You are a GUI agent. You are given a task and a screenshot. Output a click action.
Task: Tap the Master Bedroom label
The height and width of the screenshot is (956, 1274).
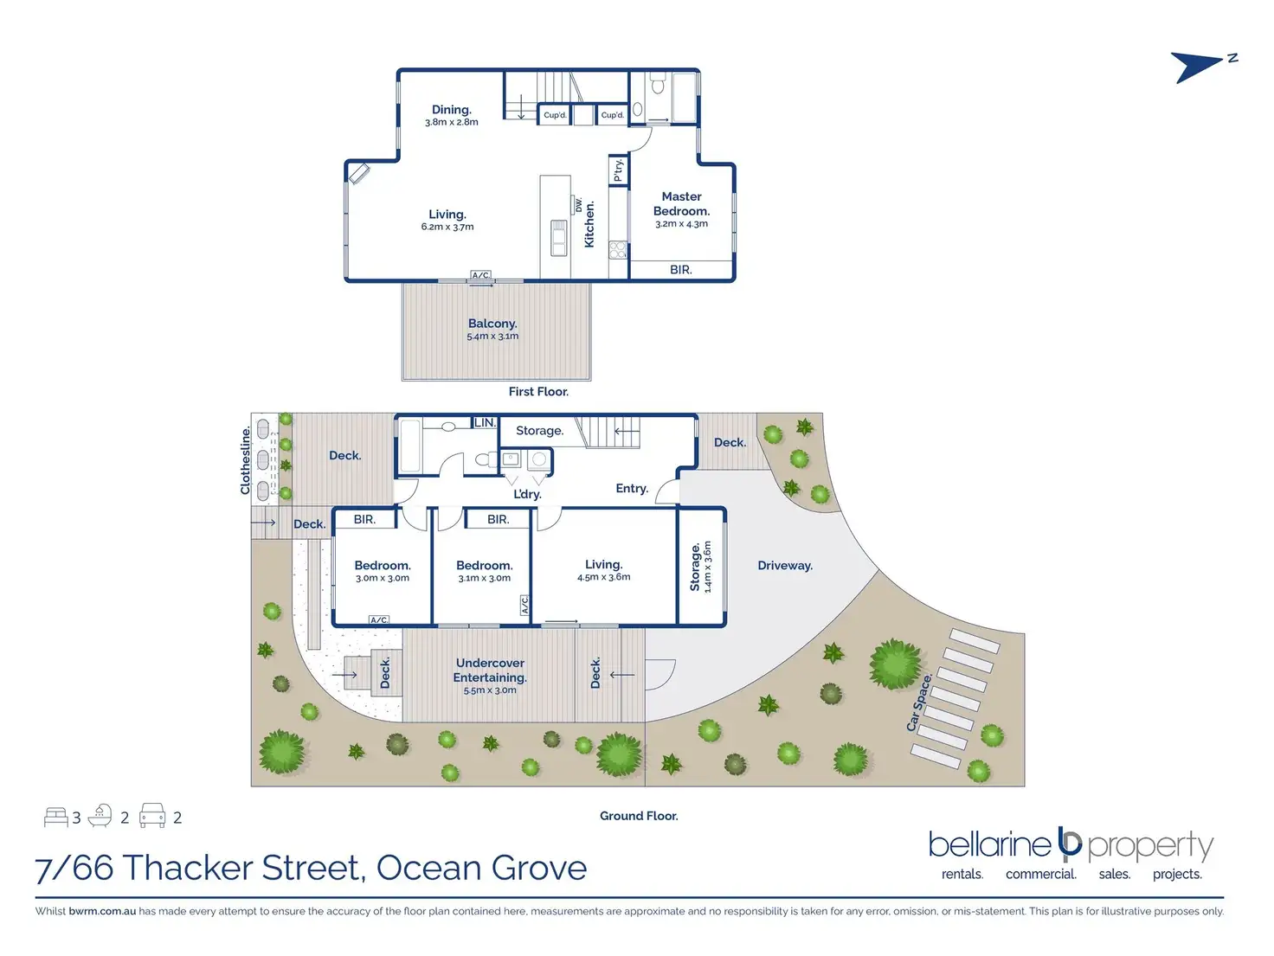coord(681,203)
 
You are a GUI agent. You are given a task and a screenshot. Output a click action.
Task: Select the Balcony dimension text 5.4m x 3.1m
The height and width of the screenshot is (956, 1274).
coord(492,337)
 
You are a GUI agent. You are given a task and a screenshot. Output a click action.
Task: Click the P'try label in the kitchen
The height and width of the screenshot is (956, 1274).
coord(619,170)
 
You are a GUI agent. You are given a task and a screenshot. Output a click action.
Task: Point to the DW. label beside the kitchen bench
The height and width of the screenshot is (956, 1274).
coord(578,204)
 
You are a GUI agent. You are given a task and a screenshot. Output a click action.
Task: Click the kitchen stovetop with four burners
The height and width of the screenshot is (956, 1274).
coord(618,249)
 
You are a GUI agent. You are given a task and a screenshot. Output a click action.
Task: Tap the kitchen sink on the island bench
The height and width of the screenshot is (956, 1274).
coord(558,238)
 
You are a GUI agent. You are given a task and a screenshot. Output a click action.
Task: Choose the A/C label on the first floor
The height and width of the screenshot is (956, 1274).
coord(480,275)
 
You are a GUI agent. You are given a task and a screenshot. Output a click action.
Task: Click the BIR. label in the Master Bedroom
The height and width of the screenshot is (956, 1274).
coord(681,270)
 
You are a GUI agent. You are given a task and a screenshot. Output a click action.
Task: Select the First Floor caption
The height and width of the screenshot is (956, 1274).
coord(538,392)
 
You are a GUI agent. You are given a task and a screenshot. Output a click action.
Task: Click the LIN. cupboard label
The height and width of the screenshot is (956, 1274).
coord(486,423)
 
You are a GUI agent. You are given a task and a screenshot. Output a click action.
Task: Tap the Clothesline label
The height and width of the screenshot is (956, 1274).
coord(246,460)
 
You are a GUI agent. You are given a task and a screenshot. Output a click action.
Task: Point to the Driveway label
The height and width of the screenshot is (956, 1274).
coord(785,566)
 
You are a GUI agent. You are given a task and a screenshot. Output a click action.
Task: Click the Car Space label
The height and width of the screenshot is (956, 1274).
coord(919,702)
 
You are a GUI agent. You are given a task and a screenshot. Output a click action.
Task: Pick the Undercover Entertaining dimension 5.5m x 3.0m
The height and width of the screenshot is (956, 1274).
coord(490,690)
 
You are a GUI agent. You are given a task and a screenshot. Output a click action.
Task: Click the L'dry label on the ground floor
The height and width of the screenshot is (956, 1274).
coord(527,494)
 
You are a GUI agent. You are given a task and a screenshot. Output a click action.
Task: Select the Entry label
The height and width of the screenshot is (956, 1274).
coord(632,489)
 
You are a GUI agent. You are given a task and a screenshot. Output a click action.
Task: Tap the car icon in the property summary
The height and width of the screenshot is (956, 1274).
coord(152,815)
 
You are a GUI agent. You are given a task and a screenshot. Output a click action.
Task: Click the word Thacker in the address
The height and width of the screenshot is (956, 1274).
coord(187,869)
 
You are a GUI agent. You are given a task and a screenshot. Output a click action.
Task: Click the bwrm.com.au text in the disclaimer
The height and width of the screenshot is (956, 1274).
coord(102,911)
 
